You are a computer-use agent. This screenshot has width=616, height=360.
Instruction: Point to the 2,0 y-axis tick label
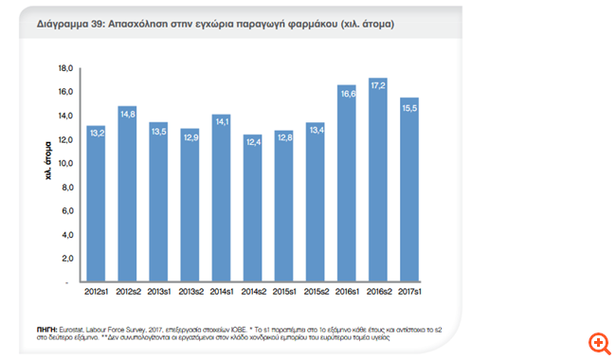coord(67,259)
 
